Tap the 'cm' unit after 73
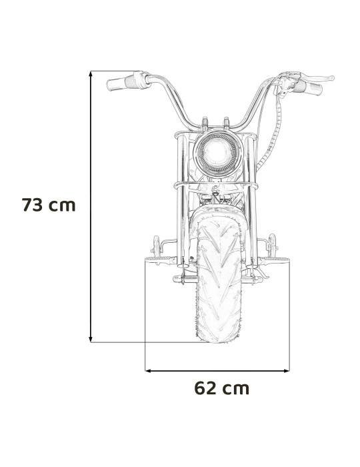point(63,205)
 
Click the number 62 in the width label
point(207,388)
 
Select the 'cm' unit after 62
point(236,388)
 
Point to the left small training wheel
point(155,242)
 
